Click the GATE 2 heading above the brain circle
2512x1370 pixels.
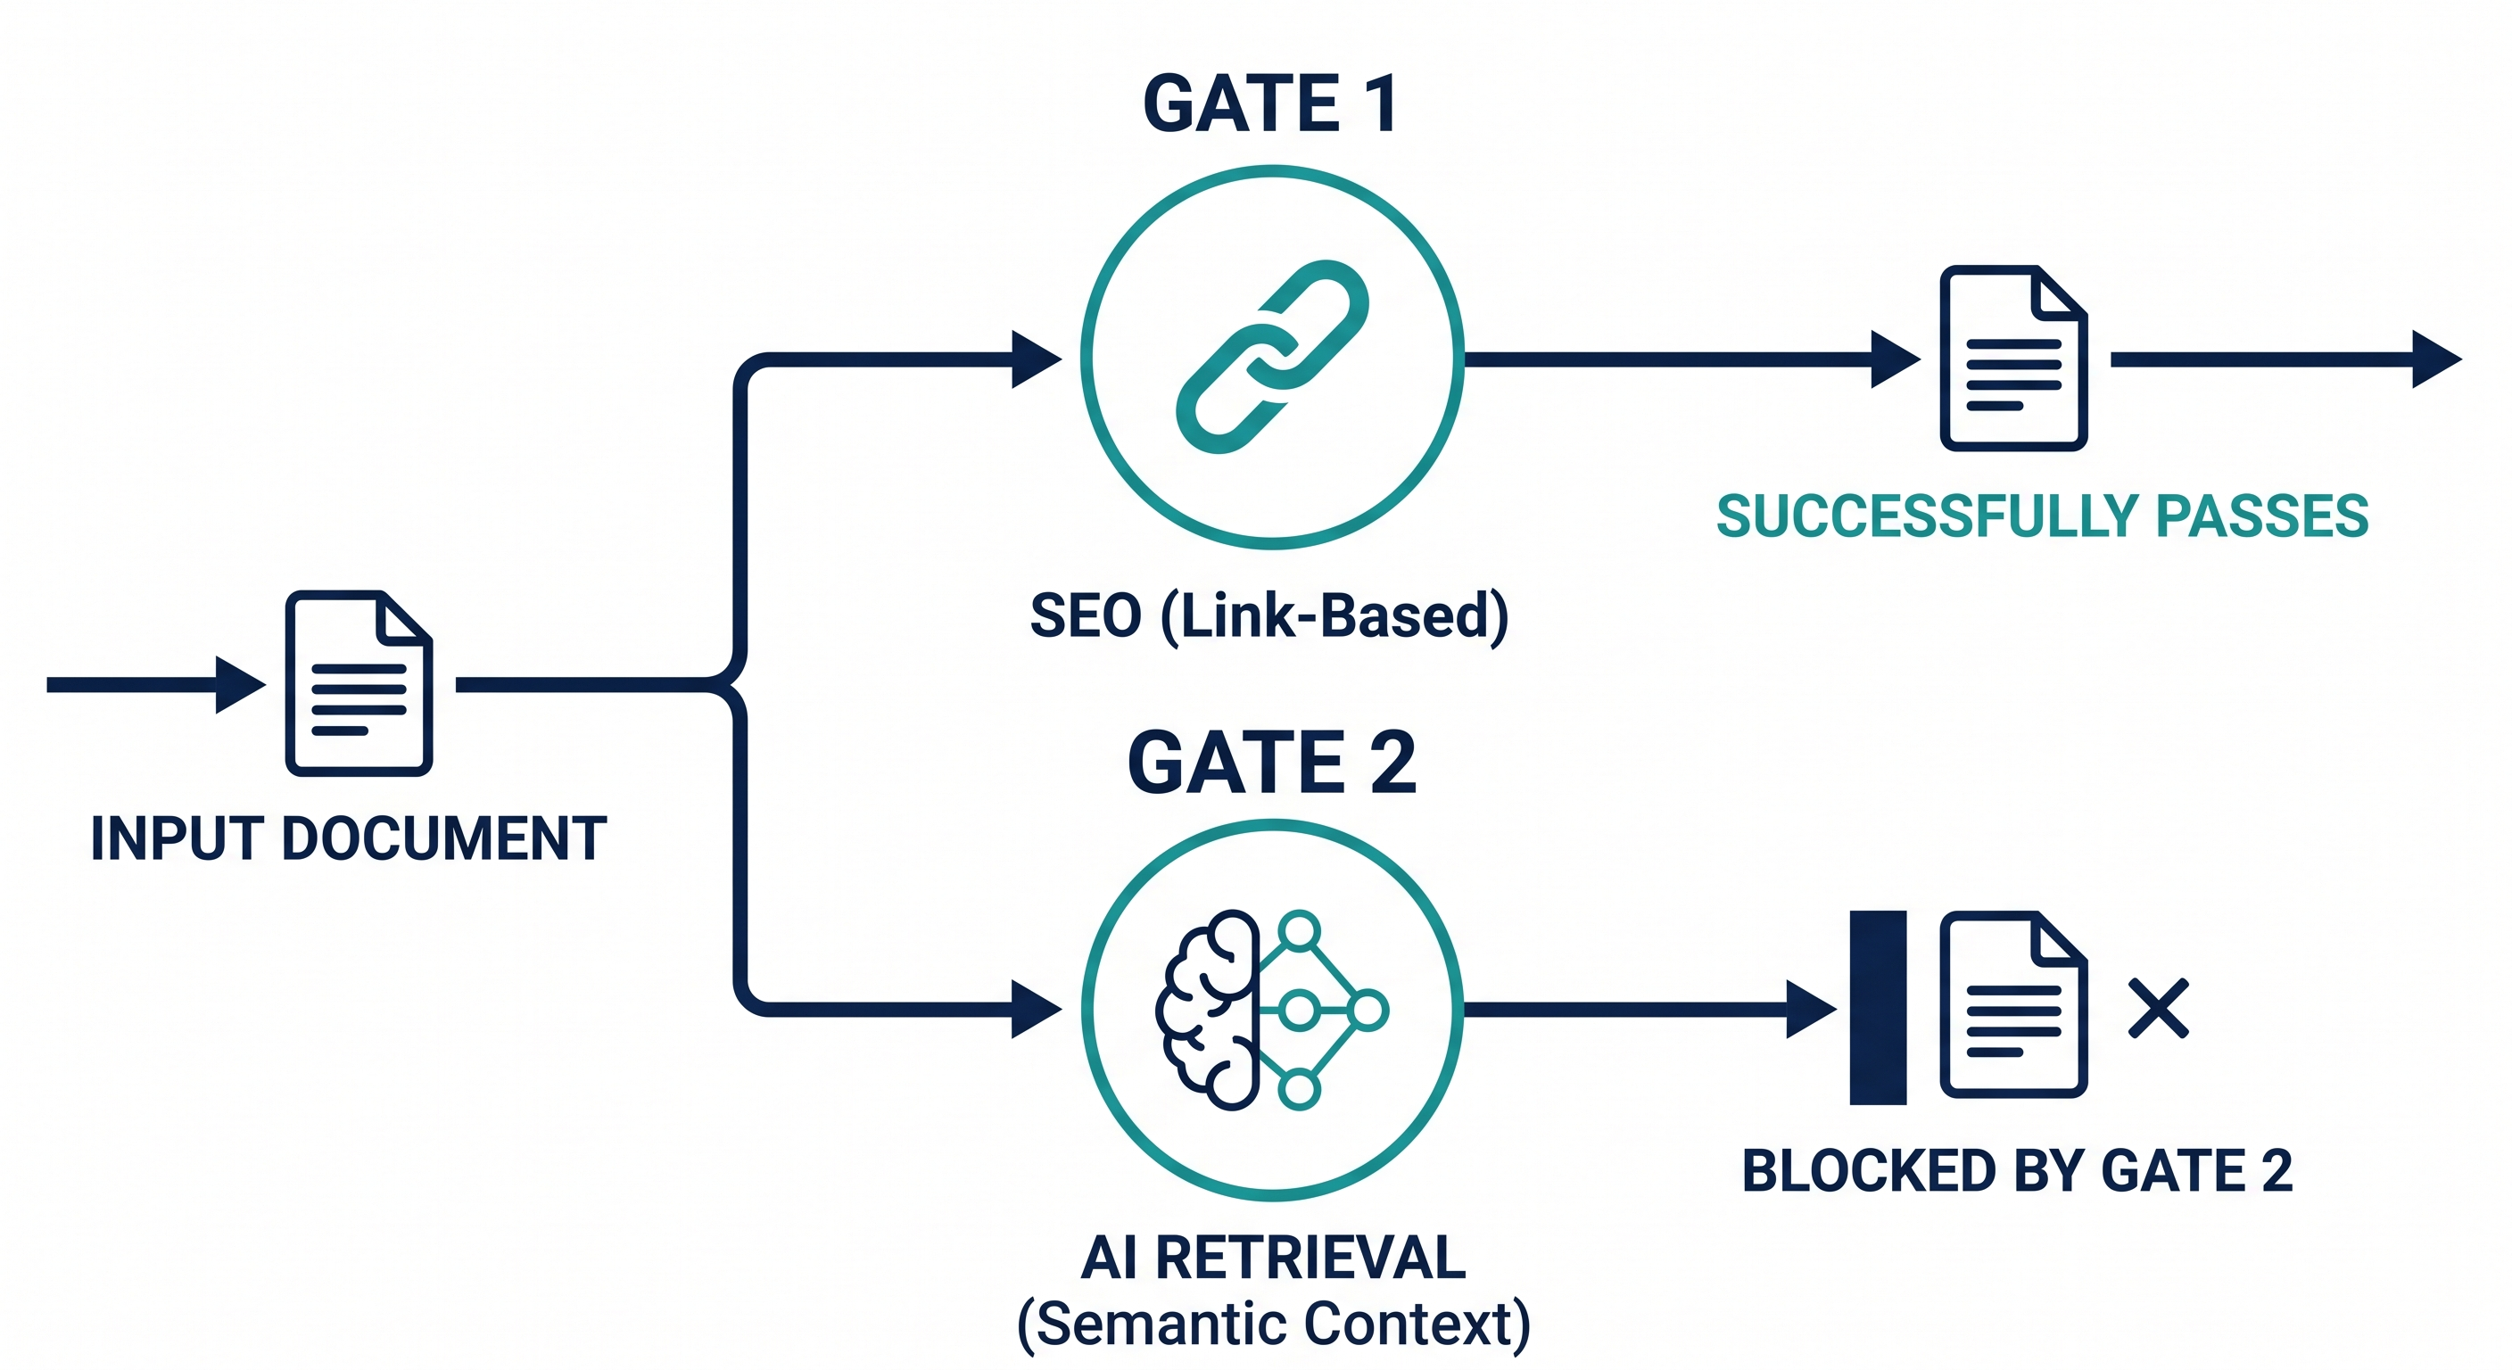[x=1270, y=763]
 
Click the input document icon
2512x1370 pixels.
[x=359, y=682]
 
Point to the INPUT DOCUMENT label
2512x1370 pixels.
[x=348, y=838]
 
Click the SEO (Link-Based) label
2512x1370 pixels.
[x=1268, y=615]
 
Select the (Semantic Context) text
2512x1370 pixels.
[x=1273, y=1325]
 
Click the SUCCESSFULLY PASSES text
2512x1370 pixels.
[x=2042, y=516]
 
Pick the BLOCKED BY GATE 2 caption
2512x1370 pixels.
[x=2017, y=1170]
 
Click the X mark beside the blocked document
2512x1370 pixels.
[x=2158, y=1008]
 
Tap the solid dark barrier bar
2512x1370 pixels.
[x=1877, y=1007]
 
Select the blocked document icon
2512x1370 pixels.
[x=2012, y=1004]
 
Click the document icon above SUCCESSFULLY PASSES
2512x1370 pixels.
[x=2012, y=358]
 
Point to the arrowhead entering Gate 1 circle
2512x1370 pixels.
[x=1035, y=359]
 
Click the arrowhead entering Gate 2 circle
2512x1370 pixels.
[x=1035, y=1008]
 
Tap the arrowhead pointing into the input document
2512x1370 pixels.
[x=239, y=684]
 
